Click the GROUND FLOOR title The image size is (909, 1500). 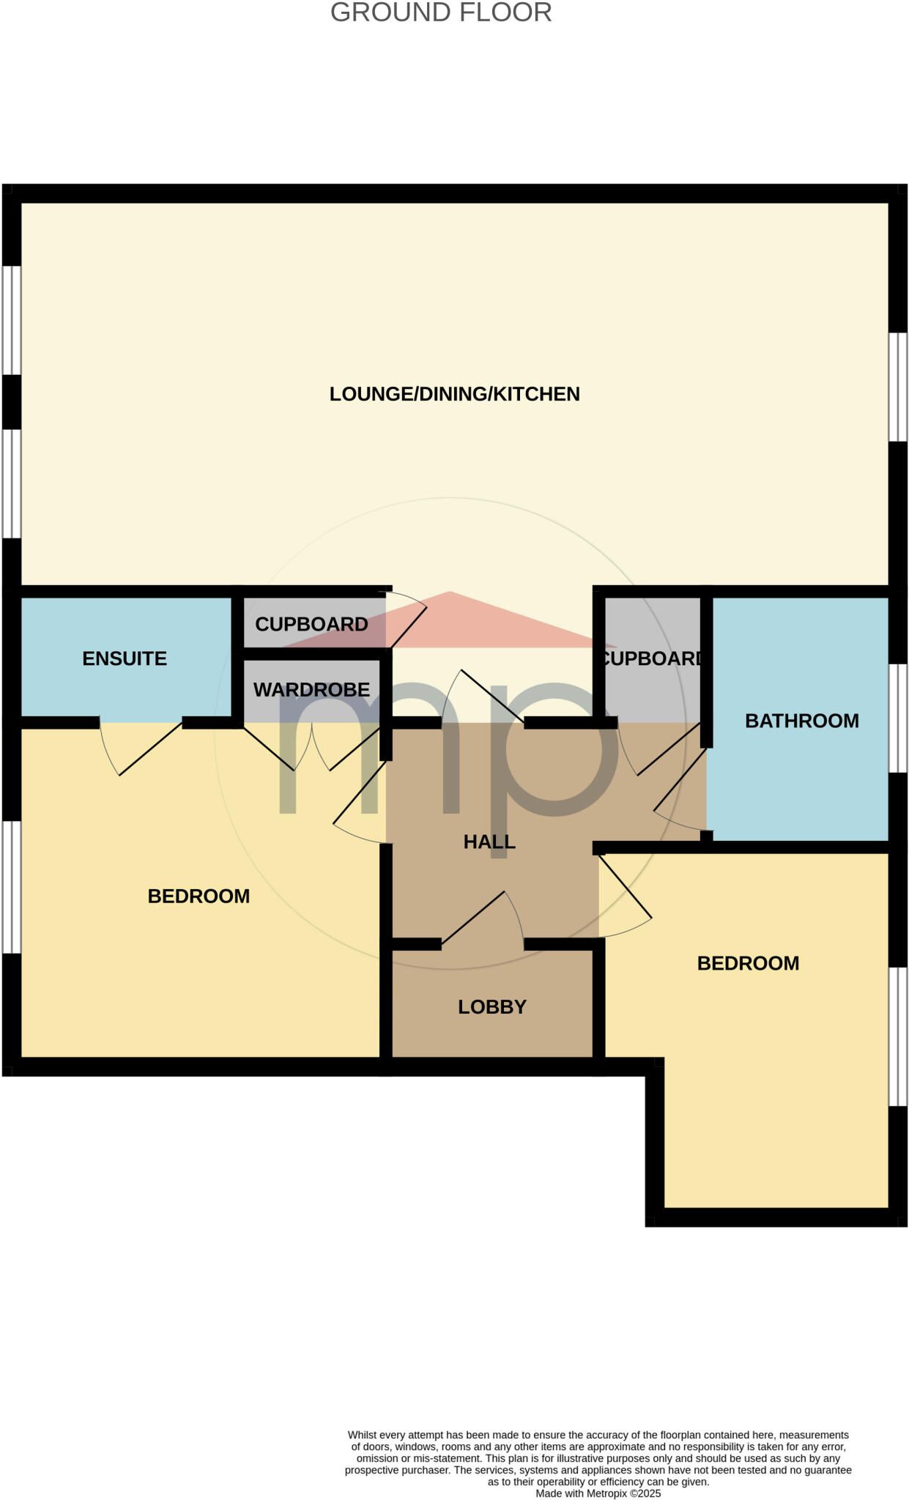[x=441, y=13]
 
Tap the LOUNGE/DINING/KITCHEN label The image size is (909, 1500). [x=454, y=394]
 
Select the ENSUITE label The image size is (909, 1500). [x=125, y=658]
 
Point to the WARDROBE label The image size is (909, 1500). [x=311, y=689]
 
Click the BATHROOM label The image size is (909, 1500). [x=801, y=721]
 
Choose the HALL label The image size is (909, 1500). [x=489, y=842]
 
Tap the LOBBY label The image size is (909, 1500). [x=492, y=1007]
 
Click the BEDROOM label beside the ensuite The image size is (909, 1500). [x=199, y=896]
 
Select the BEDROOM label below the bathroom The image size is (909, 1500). [x=748, y=963]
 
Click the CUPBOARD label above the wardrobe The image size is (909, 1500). [x=311, y=624]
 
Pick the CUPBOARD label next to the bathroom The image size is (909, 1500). [x=650, y=658]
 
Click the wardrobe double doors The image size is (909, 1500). [x=311, y=747]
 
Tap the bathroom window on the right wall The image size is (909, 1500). [x=897, y=719]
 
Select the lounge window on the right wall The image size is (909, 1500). [x=897, y=387]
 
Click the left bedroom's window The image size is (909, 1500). [x=11, y=887]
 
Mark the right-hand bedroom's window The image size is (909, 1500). [x=897, y=1036]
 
